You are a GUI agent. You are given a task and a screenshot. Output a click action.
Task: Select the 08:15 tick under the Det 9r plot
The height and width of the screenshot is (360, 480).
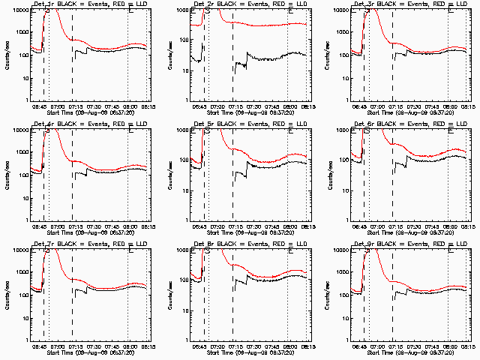tap(467, 346)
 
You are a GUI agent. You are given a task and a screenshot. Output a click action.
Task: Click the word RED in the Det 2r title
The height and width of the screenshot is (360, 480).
tap(273, 4)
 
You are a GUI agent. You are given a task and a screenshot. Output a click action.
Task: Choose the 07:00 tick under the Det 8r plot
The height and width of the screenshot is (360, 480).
tap(217, 346)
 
